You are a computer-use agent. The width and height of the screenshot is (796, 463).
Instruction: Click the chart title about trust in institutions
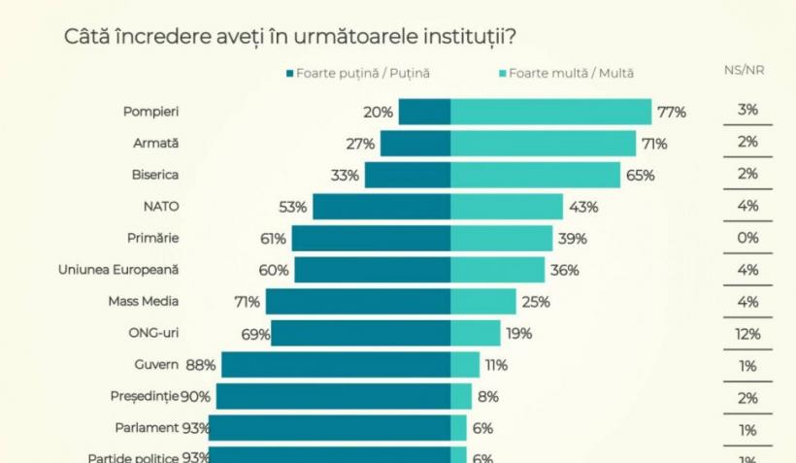point(289,36)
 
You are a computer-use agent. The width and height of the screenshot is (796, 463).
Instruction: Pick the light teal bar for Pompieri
point(550,112)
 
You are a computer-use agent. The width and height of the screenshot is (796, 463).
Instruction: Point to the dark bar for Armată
point(415,144)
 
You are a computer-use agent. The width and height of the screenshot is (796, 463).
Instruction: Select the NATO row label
point(161,206)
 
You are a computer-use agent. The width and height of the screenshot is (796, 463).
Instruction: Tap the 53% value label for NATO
point(292,207)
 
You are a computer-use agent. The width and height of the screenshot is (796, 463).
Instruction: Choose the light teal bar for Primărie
point(504,239)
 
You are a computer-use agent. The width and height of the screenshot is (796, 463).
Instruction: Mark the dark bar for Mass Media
point(357,302)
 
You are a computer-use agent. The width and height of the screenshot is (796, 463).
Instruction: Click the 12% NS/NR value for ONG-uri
point(746,334)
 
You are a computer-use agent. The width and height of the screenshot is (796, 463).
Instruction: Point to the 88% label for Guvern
point(201,365)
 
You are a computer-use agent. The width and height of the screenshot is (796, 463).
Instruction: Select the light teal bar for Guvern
point(465,365)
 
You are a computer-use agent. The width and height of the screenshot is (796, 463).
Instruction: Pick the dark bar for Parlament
point(329,428)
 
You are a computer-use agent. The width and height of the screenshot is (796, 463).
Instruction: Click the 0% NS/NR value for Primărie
point(746,238)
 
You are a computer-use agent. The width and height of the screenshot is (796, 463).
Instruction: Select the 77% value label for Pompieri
point(671,112)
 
